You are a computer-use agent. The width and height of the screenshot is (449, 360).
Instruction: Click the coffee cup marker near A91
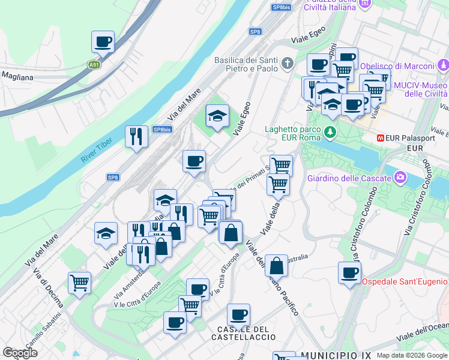[x=103, y=42]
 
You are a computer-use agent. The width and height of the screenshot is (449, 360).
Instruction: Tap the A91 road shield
[x=94, y=65]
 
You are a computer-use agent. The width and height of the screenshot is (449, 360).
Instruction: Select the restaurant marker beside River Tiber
[x=136, y=136]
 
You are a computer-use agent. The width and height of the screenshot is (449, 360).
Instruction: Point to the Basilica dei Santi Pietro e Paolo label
[x=246, y=64]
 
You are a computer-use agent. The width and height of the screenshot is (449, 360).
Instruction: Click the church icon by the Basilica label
[x=288, y=62]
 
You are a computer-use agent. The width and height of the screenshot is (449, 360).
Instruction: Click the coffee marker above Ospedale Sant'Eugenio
[x=349, y=272]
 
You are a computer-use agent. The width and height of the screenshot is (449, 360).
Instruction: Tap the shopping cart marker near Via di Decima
[x=79, y=282]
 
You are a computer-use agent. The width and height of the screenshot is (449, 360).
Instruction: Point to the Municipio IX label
[x=334, y=355]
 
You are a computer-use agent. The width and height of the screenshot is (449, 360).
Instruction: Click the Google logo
[x=20, y=353]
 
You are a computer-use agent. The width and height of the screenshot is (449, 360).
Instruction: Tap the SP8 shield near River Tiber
[x=113, y=177]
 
